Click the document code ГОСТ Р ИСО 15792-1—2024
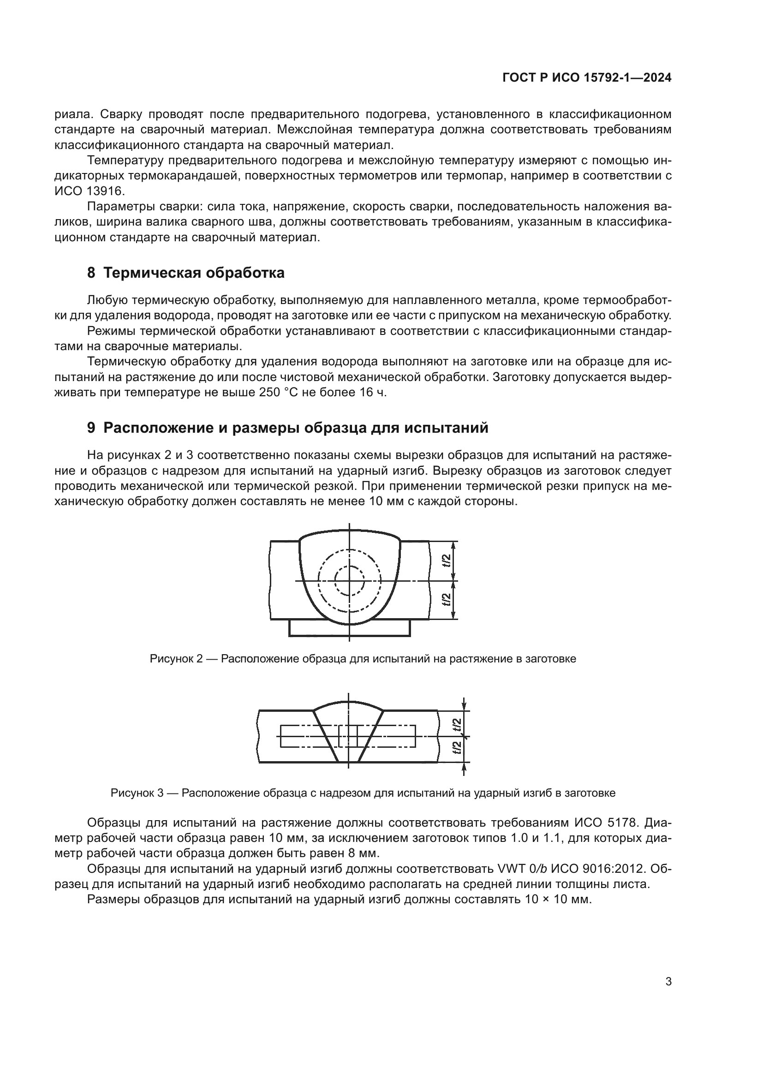pos(586,78)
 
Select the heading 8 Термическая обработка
pos(185,273)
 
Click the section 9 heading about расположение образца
pos(287,428)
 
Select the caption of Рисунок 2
pos(363,659)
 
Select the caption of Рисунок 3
pos(363,793)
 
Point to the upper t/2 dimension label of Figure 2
pos(447,560)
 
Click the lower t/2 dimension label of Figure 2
pos(447,600)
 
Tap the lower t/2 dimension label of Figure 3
pos(457,748)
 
